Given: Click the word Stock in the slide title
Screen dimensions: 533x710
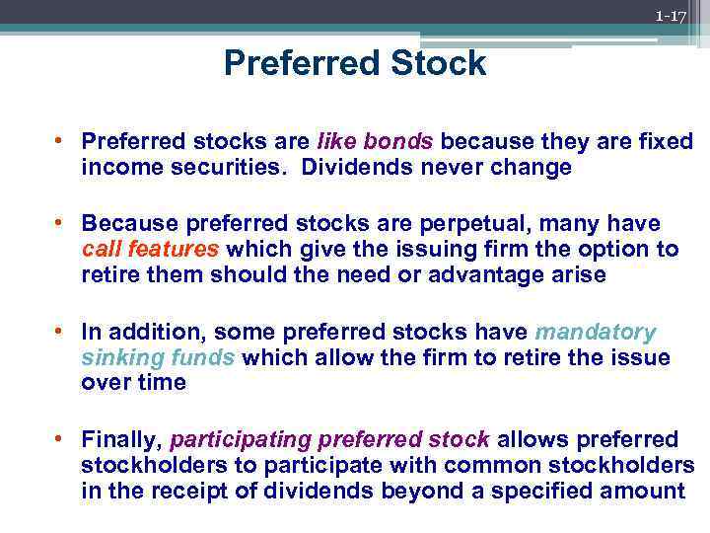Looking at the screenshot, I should (436, 64).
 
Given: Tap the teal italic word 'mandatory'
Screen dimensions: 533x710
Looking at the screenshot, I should (595, 332).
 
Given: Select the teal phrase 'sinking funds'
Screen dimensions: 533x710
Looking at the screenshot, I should (158, 357).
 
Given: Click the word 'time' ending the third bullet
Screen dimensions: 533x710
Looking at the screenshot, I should (161, 383).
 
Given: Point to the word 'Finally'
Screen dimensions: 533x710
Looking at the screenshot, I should (122, 438).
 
